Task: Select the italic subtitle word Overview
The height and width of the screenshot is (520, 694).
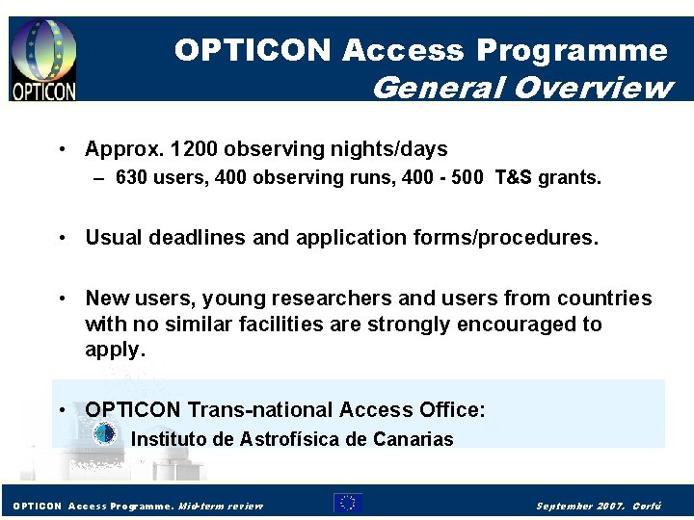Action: click(x=593, y=88)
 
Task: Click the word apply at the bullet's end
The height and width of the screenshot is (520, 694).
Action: click(x=113, y=350)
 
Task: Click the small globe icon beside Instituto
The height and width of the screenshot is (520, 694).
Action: click(x=104, y=435)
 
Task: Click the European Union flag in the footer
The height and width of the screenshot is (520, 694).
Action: click(x=348, y=503)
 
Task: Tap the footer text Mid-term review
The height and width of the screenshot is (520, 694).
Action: click(x=221, y=506)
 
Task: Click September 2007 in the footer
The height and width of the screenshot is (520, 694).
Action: click(x=581, y=506)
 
